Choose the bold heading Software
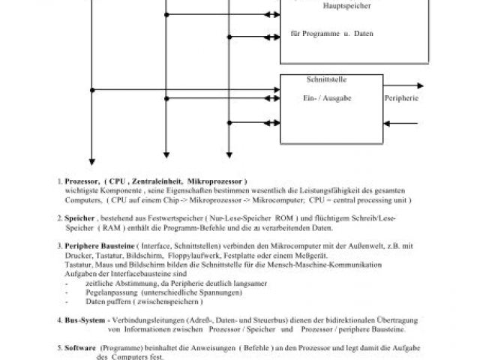[81, 348]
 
